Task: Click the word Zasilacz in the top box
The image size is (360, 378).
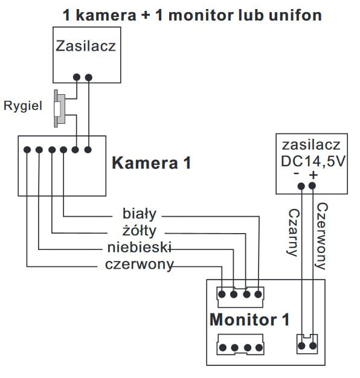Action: point(86,46)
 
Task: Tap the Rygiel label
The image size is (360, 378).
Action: point(23,106)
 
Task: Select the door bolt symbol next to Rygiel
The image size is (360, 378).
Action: point(59,109)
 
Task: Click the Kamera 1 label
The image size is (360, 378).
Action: point(152,163)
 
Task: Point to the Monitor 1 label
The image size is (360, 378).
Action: point(249,319)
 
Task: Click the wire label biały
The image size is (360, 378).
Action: point(140,214)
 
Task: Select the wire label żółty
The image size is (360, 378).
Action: point(140,231)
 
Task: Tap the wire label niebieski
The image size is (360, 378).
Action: point(140,248)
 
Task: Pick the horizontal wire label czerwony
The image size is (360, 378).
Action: point(140,264)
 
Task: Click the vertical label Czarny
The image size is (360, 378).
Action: point(294,232)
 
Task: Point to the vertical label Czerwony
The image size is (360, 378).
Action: point(321,236)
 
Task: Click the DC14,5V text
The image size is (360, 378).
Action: point(313,161)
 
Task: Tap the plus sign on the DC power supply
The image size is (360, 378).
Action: point(313,175)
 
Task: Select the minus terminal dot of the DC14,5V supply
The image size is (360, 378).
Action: point(301,186)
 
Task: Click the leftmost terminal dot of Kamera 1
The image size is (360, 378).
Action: point(27,150)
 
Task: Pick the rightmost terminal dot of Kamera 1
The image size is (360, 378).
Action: point(88,150)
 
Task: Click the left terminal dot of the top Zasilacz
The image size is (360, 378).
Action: point(77,77)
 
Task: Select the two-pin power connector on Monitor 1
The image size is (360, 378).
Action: point(307,344)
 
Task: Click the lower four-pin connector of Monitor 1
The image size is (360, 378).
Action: point(240,344)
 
